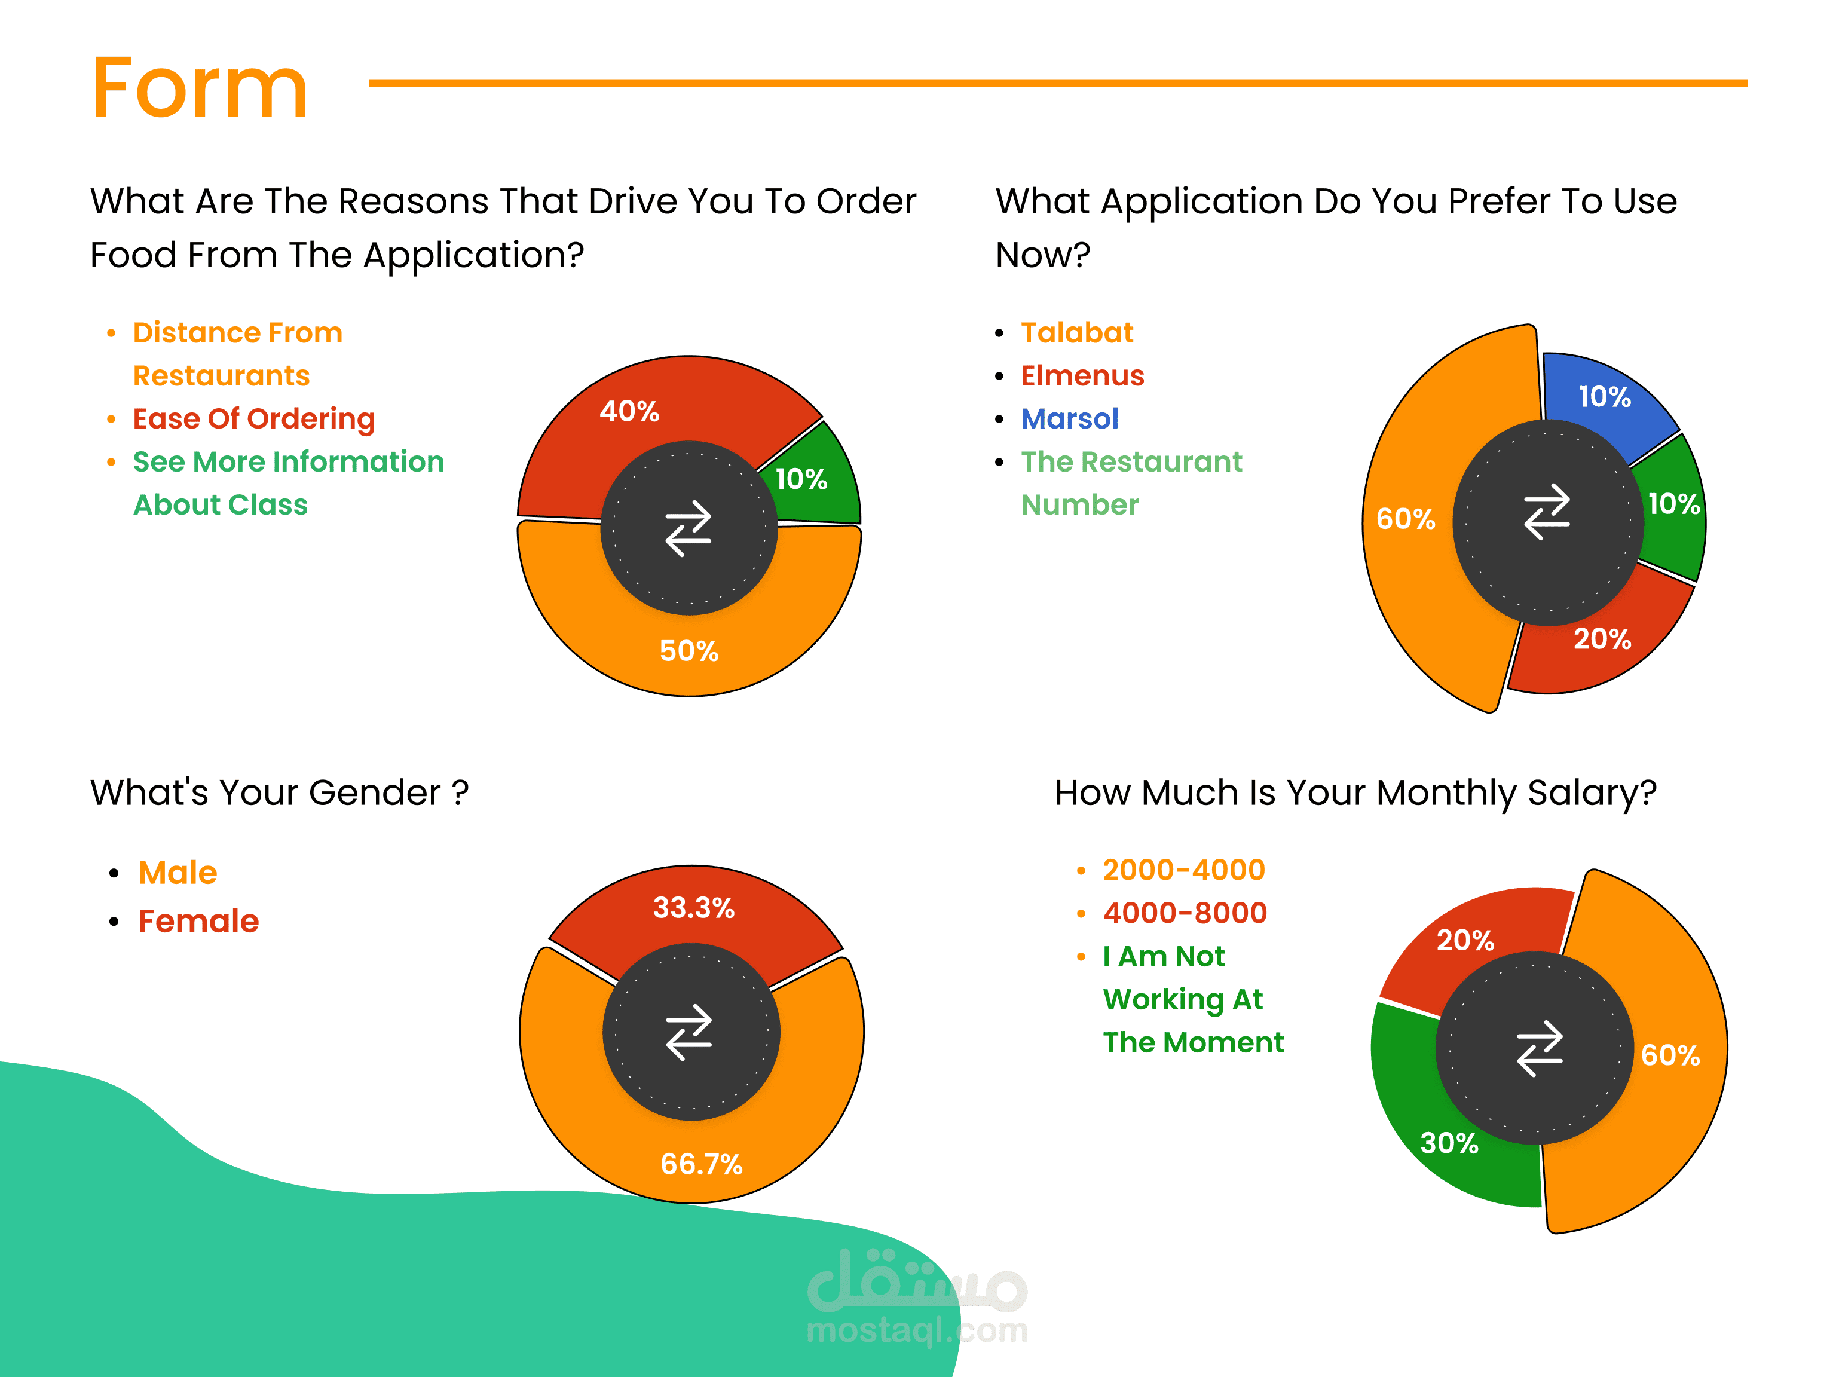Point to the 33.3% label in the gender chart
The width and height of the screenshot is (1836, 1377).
coord(693,907)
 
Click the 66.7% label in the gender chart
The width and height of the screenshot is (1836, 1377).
coord(702,1164)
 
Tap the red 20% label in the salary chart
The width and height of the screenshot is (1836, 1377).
coord(1465,940)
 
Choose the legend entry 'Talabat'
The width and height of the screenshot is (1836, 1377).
coord(1076,333)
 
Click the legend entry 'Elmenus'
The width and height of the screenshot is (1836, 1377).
coord(1082,376)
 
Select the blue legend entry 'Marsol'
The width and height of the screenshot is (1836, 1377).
coord(1070,418)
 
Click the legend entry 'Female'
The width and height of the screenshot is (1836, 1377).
coord(198,922)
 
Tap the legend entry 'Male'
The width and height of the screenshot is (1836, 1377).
coord(178,873)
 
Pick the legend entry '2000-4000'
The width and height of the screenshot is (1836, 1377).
coord(1183,870)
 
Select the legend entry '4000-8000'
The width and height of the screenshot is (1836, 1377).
coord(1185,913)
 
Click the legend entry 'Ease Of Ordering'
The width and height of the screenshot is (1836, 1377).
coord(254,418)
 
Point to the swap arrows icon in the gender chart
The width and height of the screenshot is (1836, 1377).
coord(689,1033)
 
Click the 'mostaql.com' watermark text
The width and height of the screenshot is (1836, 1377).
coord(917,1330)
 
